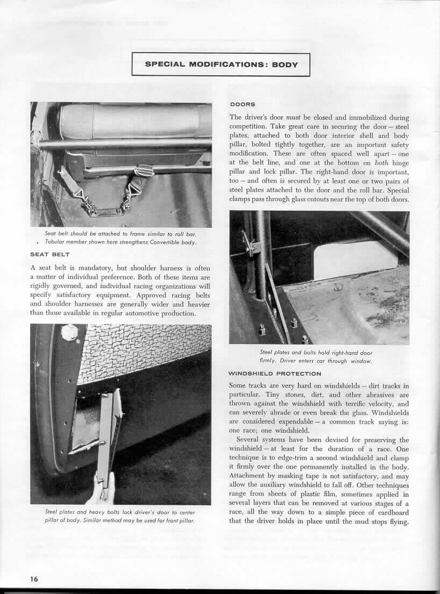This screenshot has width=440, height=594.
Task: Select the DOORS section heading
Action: tap(242, 104)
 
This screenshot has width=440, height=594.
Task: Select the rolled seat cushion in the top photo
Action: tap(134, 120)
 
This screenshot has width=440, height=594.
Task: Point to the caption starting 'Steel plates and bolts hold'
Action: tap(319, 353)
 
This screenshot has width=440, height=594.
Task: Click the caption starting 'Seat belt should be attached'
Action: tap(121, 233)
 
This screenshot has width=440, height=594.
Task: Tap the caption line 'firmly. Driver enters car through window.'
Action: tap(319, 361)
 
